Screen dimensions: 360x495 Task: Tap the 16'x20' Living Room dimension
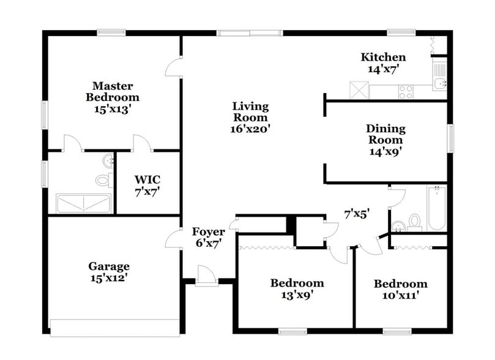[x=250, y=129]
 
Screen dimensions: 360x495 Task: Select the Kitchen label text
[x=383, y=58]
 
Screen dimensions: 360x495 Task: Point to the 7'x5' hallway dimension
[x=357, y=214]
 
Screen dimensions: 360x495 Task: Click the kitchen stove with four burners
[x=406, y=91]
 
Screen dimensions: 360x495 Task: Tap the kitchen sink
[x=439, y=83]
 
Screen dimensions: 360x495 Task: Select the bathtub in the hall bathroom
[x=437, y=208]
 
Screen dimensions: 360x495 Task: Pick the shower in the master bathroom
[x=83, y=203]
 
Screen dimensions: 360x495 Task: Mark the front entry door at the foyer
[x=207, y=277]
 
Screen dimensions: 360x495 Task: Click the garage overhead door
[x=114, y=328]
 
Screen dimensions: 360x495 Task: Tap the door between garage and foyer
[x=173, y=239]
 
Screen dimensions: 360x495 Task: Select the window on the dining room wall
[x=450, y=138]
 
